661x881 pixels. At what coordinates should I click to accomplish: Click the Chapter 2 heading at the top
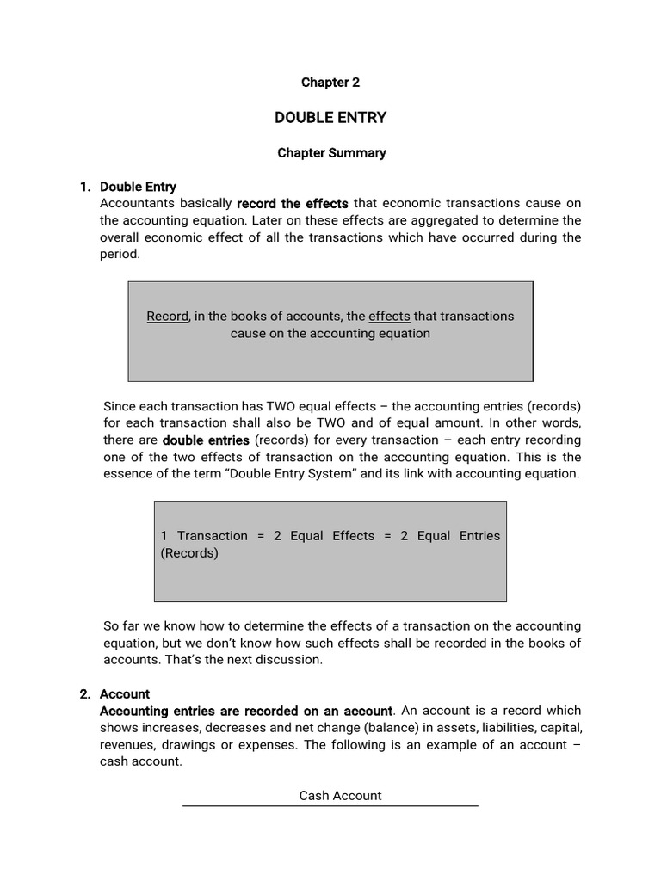click(x=330, y=83)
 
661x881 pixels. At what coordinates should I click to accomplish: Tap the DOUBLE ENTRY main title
click(x=330, y=117)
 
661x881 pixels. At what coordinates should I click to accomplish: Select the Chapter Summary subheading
click(x=331, y=153)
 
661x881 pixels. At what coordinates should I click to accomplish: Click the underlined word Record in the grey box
click(x=167, y=316)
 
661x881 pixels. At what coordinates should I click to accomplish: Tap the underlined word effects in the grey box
click(x=389, y=316)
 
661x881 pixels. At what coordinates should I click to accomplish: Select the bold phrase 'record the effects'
click(x=293, y=204)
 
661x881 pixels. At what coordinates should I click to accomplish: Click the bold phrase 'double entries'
click(x=206, y=440)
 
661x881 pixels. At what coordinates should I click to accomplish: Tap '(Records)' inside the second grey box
click(x=189, y=553)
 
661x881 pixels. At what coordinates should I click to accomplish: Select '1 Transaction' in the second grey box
click(x=204, y=535)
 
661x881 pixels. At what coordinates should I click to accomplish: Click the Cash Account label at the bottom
click(x=340, y=796)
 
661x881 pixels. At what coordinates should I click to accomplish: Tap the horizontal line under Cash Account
click(x=330, y=806)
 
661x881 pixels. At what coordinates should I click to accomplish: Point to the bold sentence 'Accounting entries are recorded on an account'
click(x=246, y=711)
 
